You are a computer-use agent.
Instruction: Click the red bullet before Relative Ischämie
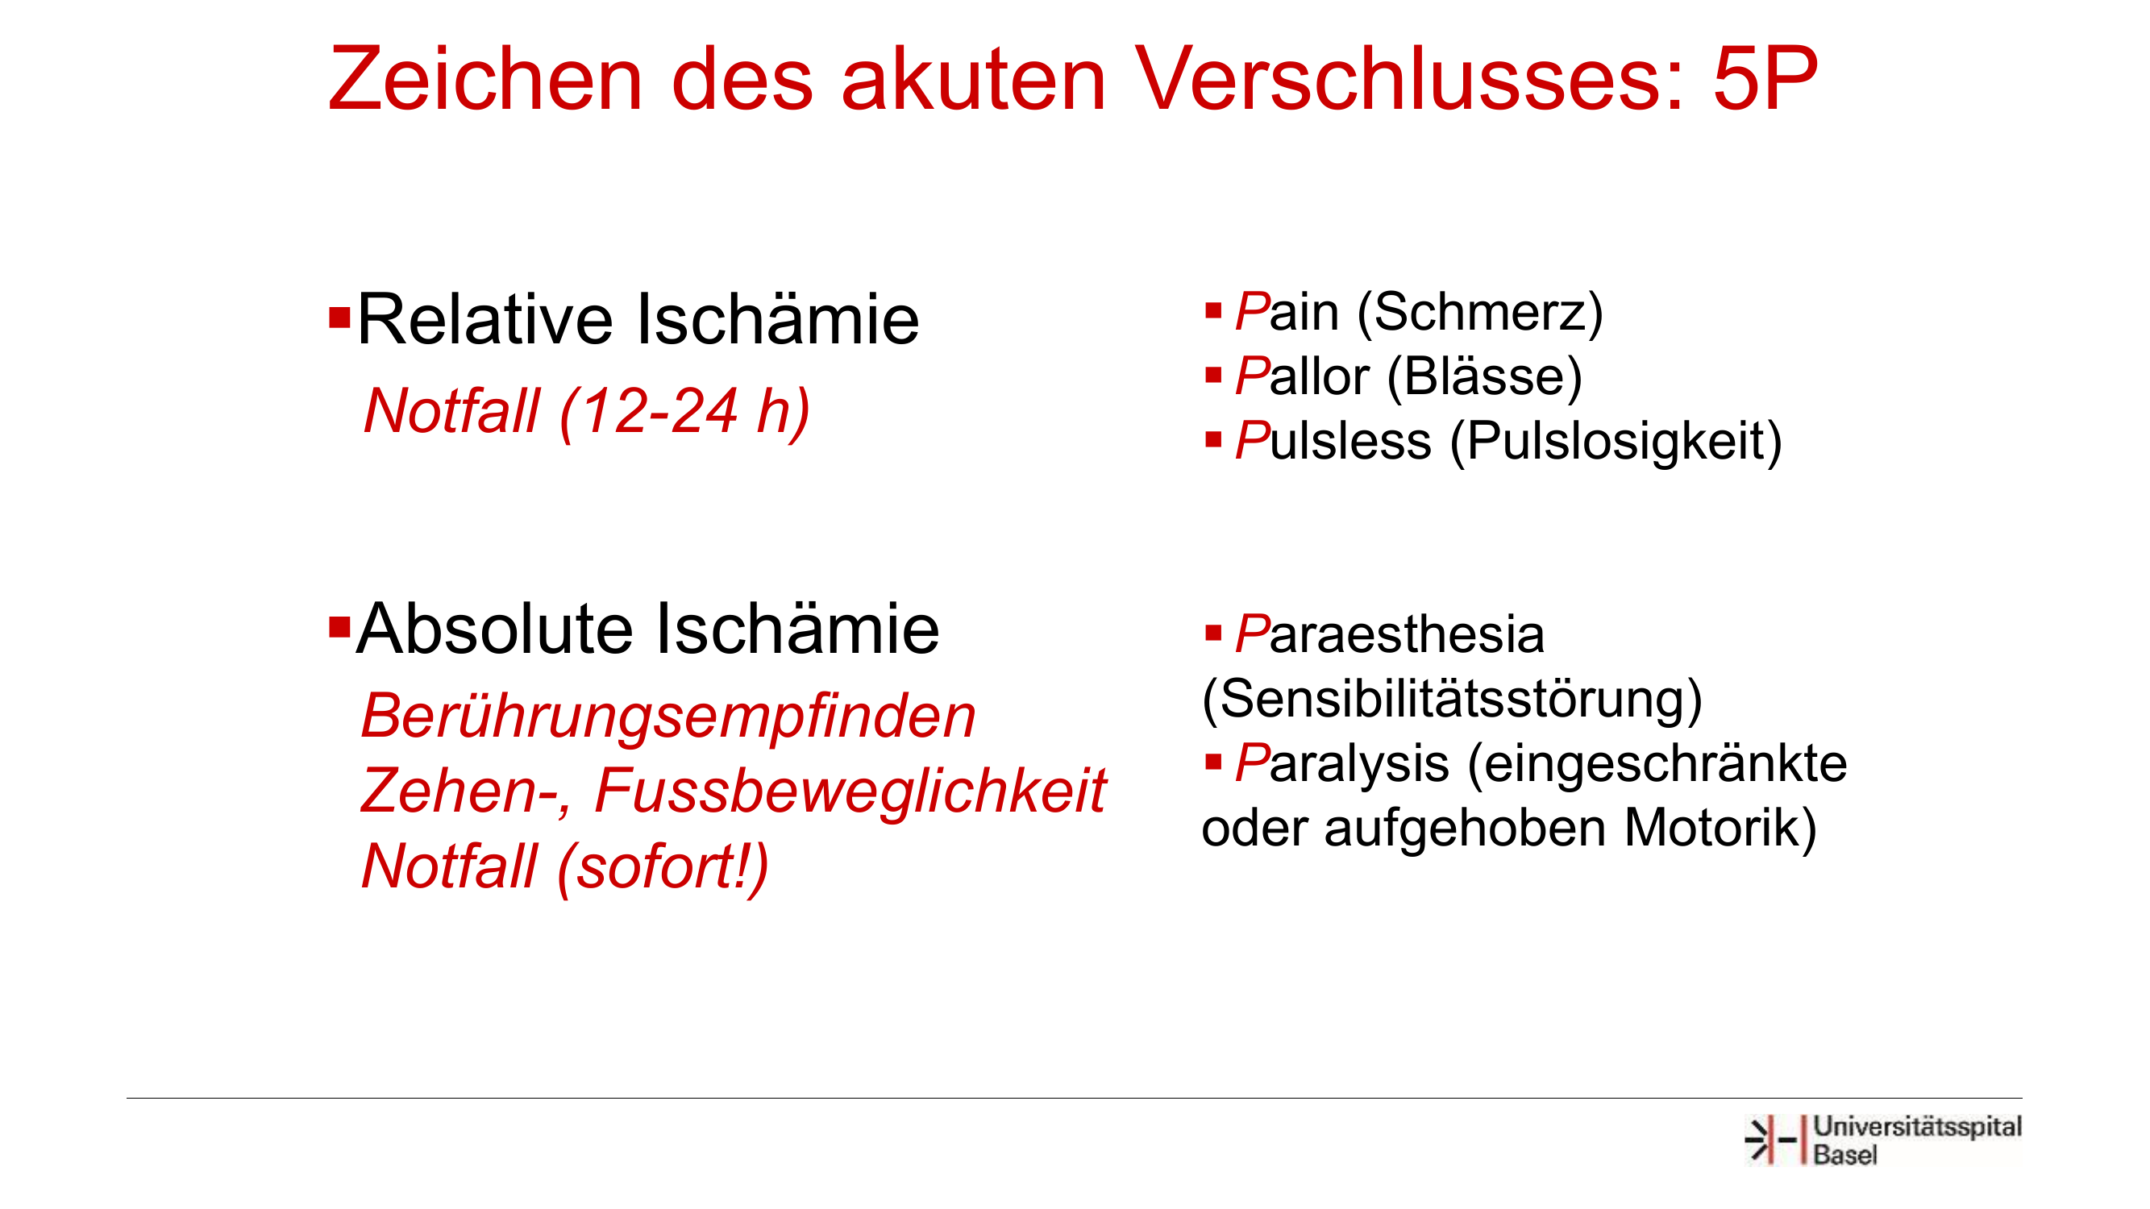coord(339,318)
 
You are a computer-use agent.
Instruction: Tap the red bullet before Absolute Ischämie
coord(339,626)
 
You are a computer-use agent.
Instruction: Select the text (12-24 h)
coord(685,412)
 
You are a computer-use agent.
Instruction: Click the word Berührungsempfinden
coord(667,717)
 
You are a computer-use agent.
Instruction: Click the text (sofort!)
coord(663,868)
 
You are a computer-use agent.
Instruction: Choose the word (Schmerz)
coord(1480,314)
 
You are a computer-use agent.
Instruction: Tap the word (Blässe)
coord(1484,377)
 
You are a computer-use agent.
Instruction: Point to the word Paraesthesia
coord(1389,634)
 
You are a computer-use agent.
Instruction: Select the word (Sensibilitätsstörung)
coord(1451,699)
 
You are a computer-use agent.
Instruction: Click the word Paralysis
coord(1342,764)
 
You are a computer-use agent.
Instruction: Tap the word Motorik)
coord(1720,828)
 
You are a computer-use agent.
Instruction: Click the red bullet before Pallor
coord(1213,376)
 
